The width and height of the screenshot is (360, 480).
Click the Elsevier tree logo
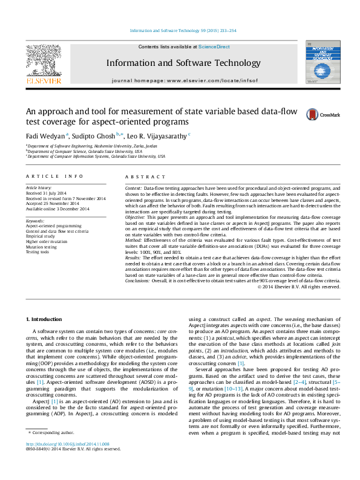coord(43,62)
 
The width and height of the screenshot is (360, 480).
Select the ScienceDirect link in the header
coord(214,47)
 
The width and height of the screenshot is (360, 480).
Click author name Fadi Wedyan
coord(45,136)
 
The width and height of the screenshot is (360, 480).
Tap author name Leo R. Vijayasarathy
coord(159,136)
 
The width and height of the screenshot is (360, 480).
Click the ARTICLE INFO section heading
coord(54,176)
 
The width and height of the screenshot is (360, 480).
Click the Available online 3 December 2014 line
coord(57,209)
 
